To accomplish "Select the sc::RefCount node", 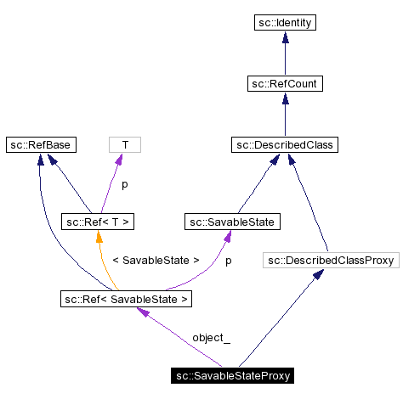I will [285, 83].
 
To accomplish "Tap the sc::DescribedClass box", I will [285, 145].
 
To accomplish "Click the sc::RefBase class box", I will [40, 145].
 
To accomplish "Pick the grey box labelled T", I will [124, 145].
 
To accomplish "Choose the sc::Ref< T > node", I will [99, 222].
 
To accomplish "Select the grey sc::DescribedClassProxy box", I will [330, 261].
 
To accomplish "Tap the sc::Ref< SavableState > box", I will [126, 299].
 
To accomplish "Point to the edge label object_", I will [211, 338].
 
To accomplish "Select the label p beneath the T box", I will [124, 184].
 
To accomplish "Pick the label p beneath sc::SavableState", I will [228, 261].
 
